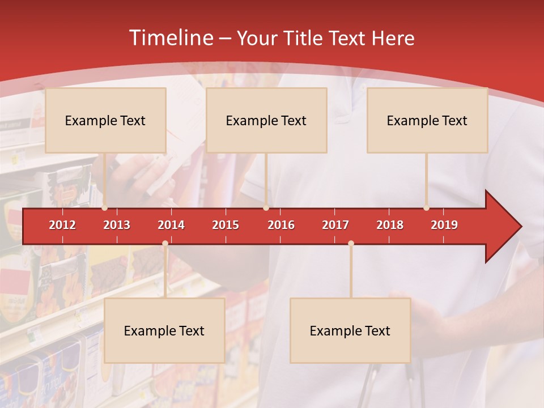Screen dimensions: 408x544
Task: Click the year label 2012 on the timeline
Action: click(x=62, y=225)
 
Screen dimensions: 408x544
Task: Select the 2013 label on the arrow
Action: click(x=117, y=225)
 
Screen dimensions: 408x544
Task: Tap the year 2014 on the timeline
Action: click(x=171, y=225)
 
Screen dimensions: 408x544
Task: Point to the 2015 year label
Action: click(x=226, y=225)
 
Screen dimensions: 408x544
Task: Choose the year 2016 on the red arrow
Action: click(x=281, y=225)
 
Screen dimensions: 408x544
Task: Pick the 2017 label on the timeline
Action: click(x=335, y=225)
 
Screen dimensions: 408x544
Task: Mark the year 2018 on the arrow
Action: click(x=390, y=225)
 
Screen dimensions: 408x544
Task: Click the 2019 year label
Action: click(x=444, y=225)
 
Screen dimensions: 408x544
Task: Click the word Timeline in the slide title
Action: click(x=171, y=38)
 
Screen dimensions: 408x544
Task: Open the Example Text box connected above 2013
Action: click(x=105, y=120)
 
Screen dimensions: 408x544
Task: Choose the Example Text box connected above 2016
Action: click(x=266, y=120)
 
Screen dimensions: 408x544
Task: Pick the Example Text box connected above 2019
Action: click(x=427, y=120)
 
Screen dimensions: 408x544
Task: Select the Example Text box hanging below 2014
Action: click(x=164, y=330)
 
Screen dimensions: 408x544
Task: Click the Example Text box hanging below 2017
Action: click(x=350, y=330)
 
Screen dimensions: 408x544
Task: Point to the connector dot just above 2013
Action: click(x=105, y=208)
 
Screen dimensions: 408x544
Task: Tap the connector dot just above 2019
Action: click(x=426, y=208)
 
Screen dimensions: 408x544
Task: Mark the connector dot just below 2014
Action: click(x=165, y=244)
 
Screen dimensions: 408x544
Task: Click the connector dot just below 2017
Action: click(x=351, y=244)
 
